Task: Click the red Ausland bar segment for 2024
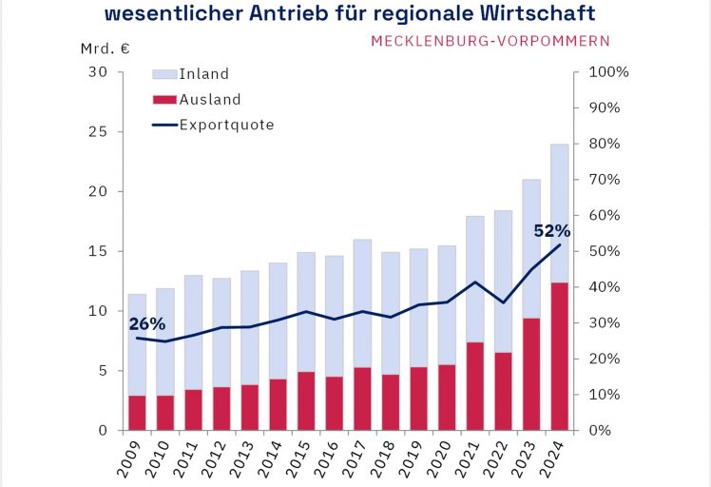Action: (559, 357)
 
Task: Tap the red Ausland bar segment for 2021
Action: (474, 386)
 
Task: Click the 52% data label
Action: (551, 230)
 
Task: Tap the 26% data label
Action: (147, 323)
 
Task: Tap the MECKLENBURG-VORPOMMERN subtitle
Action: (490, 41)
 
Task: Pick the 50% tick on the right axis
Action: (605, 251)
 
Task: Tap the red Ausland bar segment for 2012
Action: (221, 409)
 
